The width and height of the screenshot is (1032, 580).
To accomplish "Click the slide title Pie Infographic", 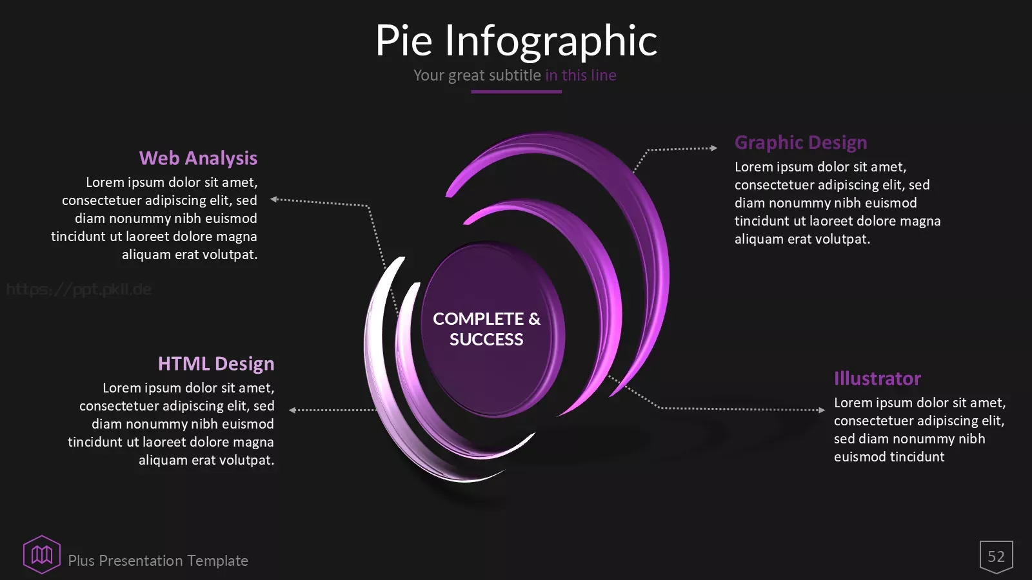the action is [x=517, y=41].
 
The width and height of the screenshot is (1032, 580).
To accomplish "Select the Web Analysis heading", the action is [x=198, y=159].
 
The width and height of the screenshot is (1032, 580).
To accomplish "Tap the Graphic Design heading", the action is [x=800, y=142].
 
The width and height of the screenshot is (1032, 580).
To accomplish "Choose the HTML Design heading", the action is [x=216, y=363].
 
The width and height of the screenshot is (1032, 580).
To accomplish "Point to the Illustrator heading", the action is [x=877, y=378].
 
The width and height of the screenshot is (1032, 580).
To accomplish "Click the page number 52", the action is [x=996, y=557].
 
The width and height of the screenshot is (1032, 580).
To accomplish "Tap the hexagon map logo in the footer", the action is [x=42, y=555].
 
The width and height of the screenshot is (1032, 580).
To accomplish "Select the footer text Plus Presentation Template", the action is [x=158, y=561].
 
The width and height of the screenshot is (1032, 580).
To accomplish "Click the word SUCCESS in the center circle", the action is [x=486, y=340].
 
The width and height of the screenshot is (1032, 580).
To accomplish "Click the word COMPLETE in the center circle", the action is [x=478, y=319].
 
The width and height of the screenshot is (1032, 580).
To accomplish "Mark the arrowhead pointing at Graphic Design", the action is [x=714, y=148].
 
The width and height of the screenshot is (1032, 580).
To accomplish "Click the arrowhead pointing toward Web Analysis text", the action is [x=273, y=199].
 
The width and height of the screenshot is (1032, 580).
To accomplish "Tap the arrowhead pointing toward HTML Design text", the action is [x=292, y=410].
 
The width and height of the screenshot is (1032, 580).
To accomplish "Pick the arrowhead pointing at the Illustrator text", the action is [x=822, y=410].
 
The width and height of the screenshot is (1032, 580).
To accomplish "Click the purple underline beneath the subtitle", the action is [x=516, y=92].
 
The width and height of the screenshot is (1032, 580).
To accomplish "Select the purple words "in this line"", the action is [x=581, y=75].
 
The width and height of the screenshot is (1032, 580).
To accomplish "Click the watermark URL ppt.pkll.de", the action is [x=79, y=289].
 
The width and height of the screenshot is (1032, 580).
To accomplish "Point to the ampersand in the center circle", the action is [x=535, y=319].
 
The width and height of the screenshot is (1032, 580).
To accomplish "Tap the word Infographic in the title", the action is [x=551, y=41].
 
